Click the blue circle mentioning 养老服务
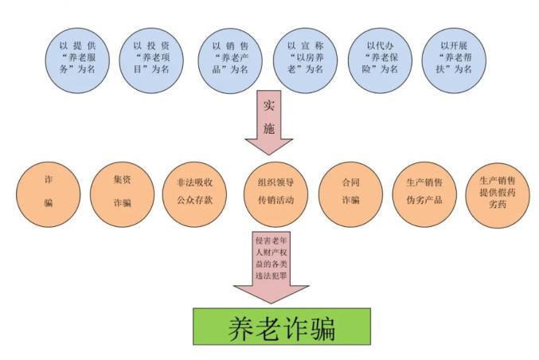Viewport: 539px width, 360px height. [77, 61]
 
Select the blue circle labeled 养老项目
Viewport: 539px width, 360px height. [151, 61]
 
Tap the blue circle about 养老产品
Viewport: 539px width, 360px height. [230, 61]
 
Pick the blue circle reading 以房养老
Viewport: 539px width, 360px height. [305, 61]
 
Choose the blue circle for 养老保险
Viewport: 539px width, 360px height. [380, 61]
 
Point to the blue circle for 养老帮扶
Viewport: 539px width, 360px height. [454, 61]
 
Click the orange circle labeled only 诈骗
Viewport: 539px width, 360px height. [48, 194]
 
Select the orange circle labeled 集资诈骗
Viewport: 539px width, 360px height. [122, 194]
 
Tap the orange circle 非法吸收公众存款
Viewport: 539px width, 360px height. [194, 194]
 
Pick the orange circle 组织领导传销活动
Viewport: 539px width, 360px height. [275, 194]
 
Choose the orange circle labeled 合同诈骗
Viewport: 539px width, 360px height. [350, 194]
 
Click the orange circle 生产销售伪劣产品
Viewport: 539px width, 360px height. [424, 194]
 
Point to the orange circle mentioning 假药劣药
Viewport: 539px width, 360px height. [498, 195]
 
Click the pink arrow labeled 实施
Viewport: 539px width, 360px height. [269, 122]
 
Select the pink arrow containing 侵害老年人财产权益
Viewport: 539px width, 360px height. [271, 267]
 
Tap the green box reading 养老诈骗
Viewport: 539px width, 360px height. [282, 327]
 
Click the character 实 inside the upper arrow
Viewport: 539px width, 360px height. [269, 105]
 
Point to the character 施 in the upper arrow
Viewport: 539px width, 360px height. [269, 128]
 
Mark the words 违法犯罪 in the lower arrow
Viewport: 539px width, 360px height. [271, 276]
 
